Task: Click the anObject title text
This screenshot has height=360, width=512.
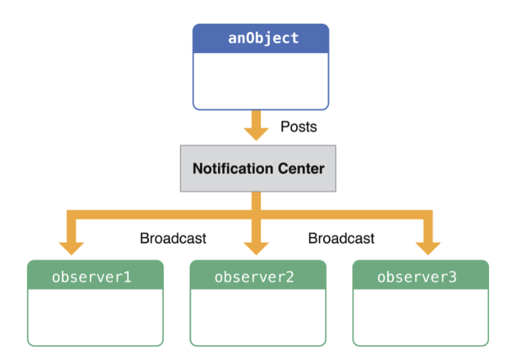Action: [x=263, y=38]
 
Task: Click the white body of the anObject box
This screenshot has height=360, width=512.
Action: [x=261, y=81]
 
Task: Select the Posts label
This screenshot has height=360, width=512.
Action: [x=298, y=127]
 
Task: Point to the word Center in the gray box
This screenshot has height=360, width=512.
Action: [x=300, y=169]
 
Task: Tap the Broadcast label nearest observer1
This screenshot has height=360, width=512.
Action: [x=173, y=238]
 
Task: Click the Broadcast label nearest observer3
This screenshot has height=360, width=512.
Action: [x=341, y=238]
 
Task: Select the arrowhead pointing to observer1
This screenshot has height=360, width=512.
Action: [x=72, y=246]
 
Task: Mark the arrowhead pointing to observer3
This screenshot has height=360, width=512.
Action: [x=427, y=246]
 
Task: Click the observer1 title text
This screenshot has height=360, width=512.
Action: [x=91, y=276]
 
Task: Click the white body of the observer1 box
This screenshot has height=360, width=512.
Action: [x=95, y=317]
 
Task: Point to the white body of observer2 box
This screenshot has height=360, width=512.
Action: [x=258, y=317]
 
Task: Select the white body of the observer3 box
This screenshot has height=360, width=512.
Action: [x=420, y=317]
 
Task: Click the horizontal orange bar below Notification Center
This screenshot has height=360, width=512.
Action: [x=167, y=215]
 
